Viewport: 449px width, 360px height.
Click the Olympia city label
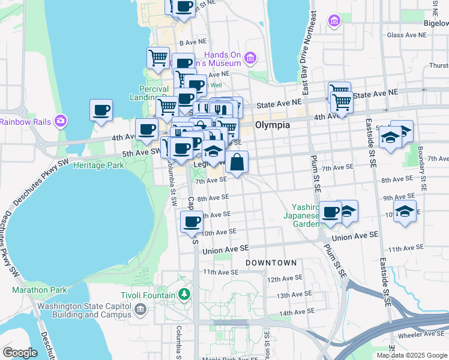pos(273,125)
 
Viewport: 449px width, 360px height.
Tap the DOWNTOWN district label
pos(271,263)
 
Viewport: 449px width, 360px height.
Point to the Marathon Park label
pos(40,290)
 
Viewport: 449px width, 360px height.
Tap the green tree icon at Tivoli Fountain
pos(185,295)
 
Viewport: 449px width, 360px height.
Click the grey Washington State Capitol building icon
pos(140,310)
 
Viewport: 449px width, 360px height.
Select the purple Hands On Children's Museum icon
pos(250,59)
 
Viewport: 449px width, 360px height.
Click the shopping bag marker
pos(237,162)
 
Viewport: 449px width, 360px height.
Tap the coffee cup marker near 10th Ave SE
pos(191,221)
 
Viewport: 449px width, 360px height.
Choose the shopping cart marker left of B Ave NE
pos(158,58)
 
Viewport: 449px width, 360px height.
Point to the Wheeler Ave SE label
pos(427,334)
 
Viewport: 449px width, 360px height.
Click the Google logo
pos(20,353)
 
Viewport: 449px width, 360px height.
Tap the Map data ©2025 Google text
pos(412,355)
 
